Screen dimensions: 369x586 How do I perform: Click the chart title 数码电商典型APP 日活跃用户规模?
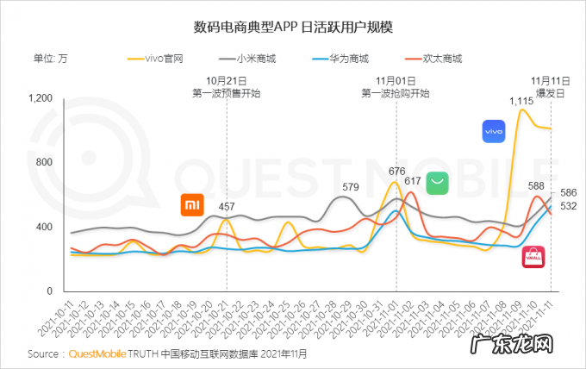tap(293, 27)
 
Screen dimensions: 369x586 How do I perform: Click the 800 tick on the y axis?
tap(44, 162)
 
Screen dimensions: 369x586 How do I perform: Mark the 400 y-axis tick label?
tap(44, 227)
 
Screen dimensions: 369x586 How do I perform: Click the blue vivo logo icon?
tap(493, 132)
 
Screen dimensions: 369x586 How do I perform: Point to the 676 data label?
tap(397, 172)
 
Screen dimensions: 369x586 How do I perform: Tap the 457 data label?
tap(227, 207)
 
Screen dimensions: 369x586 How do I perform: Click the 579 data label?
tap(351, 186)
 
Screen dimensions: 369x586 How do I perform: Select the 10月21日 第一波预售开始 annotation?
tap(227, 86)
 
